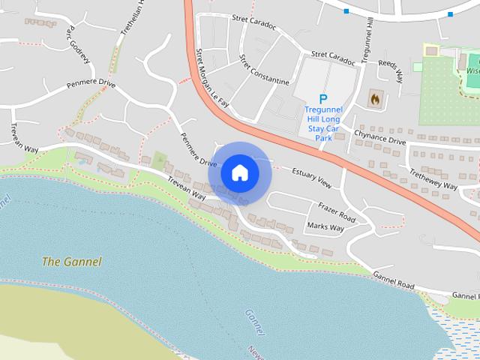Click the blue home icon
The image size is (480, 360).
[239, 172]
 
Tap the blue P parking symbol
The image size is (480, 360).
[323, 99]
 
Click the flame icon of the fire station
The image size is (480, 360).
[374, 98]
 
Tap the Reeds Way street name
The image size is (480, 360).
[391, 71]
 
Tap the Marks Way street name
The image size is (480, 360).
[325, 226]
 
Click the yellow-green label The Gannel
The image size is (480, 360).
[71, 262]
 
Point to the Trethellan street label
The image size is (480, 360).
[132, 19]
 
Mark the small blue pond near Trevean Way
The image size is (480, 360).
[81, 161]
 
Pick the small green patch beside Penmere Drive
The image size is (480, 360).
[159, 160]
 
